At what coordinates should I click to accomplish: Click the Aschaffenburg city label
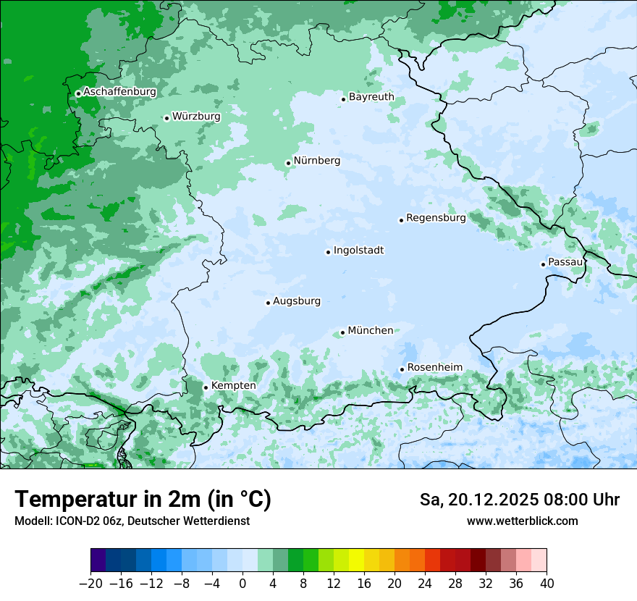pyautogui.click(x=119, y=92)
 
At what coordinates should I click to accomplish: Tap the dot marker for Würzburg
pyautogui.click(x=166, y=118)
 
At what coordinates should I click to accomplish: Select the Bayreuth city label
pyautogui.click(x=371, y=97)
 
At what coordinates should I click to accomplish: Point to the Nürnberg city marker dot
pyautogui.click(x=288, y=163)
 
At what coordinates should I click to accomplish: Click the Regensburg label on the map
pyautogui.click(x=436, y=218)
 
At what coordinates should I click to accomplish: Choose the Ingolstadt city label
pyautogui.click(x=358, y=251)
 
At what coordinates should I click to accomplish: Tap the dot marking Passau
pyautogui.click(x=543, y=264)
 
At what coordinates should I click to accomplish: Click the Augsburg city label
pyautogui.click(x=297, y=301)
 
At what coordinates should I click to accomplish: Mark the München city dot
pyautogui.click(x=342, y=333)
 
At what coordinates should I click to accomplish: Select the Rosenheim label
pyautogui.click(x=434, y=367)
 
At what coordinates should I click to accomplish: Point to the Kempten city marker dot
pyautogui.click(x=206, y=387)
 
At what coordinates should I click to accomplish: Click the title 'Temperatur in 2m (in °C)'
pyautogui.click(x=143, y=500)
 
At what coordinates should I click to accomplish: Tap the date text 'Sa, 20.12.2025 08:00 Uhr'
pyautogui.click(x=519, y=500)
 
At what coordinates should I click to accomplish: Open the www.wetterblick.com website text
pyautogui.click(x=522, y=521)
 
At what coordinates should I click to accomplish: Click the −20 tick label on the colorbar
pyautogui.click(x=90, y=584)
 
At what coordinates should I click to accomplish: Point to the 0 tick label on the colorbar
pyautogui.click(x=242, y=584)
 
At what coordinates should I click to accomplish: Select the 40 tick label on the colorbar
pyautogui.click(x=547, y=584)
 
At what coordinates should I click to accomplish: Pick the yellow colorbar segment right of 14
pyautogui.click(x=356, y=560)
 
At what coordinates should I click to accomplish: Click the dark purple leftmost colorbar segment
pyautogui.click(x=98, y=560)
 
